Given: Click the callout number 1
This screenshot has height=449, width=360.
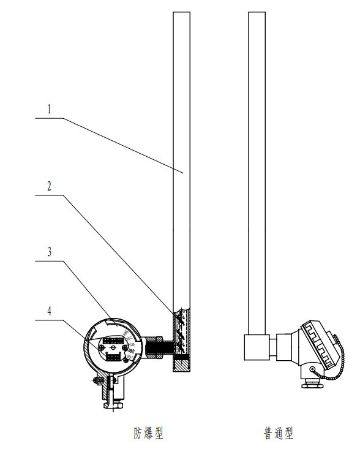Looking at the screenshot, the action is [x=49, y=109].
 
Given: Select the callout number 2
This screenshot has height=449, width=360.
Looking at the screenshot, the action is [x=49, y=186].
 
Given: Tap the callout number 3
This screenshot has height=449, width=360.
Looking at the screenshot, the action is [x=50, y=252].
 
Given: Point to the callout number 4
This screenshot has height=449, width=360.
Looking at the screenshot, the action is [x=49, y=311].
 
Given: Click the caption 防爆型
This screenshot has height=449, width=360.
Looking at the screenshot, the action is [x=148, y=433].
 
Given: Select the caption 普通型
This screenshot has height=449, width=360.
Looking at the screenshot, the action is [x=279, y=433].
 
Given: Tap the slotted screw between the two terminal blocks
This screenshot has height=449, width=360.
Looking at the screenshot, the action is [x=113, y=348].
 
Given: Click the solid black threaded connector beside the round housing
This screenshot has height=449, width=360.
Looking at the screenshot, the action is [x=160, y=348].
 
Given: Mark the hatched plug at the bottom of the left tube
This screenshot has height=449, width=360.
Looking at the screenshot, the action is [x=181, y=366].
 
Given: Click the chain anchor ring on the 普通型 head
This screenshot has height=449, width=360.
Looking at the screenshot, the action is [x=312, y=369].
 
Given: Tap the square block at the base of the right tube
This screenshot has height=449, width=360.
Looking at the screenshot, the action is [x=257, y=347].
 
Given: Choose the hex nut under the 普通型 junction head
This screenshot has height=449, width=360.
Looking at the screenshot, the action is [x=312, y=384].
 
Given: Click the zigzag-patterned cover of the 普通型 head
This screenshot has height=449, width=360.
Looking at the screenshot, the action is [x=321, y=344].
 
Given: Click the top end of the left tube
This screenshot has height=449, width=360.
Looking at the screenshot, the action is [x=181, y=12].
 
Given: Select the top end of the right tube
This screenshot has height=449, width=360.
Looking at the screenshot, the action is [x=257, y=12].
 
